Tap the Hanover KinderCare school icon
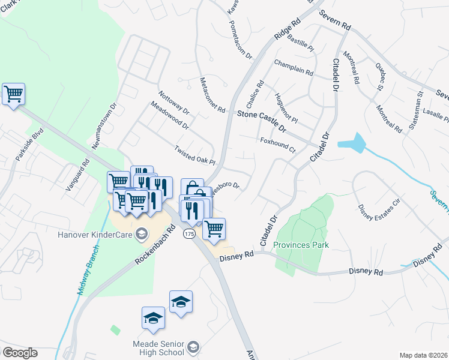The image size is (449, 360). click(x=142, y=233)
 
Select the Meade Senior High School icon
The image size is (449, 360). click(x=193, y=346)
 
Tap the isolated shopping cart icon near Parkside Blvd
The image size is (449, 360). click(x=13, y=94)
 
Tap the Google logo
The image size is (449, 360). click(x=19, y=353)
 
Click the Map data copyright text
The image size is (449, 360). click(x=424, y=355)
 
